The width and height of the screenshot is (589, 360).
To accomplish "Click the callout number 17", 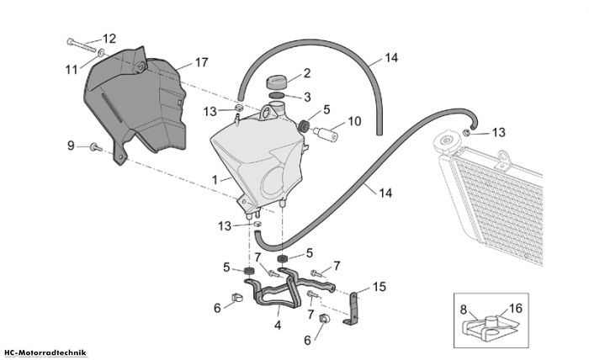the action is [201, 62].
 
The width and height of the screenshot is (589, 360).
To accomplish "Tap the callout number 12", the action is [109, 39].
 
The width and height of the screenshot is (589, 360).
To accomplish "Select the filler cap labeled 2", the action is [277, 82].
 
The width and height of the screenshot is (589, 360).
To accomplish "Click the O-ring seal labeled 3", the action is [277, 95].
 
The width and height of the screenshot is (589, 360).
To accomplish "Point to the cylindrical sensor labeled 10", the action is [326, 134].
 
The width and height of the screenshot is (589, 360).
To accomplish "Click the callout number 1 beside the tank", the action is [215, 180].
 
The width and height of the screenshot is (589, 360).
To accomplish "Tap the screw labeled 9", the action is [96, 147].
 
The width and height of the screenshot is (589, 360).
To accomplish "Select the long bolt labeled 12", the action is [81, 45].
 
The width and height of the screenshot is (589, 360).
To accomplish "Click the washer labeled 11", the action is [102, 52].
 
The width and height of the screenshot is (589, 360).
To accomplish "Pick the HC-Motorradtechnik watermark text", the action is [45, 353].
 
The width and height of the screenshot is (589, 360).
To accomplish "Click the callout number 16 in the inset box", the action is [516, 309].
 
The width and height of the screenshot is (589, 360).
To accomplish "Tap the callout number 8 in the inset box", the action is [464, 310].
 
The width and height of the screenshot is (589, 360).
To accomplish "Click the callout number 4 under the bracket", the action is [278, 325].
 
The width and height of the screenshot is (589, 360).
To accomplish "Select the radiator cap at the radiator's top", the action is [446, 142].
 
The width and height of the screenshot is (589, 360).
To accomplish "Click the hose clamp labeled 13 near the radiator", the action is [467, 133].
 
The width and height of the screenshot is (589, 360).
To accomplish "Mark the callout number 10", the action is [354, 122].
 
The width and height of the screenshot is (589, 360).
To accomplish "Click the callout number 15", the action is [379, 287].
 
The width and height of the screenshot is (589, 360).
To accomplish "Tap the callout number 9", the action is [71, 146].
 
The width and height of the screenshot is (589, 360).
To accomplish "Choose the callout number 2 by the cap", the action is [307, 73].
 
